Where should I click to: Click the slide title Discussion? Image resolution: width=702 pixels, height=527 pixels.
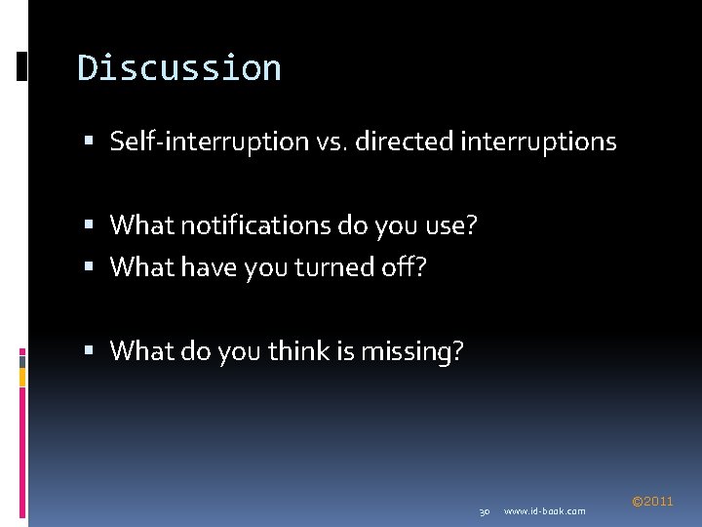pyautogui.click(x=179, y=68)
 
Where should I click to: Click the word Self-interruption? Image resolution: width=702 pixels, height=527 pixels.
pyautogui.click(x=209, y=142)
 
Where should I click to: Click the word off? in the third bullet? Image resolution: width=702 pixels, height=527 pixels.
pyautogui.click(x=405, y=266)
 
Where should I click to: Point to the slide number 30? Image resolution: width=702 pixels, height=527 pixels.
pyautogui.click(x=484, y=511)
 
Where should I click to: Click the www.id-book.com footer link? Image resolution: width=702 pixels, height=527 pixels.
pyautogui.click(x=545, y=511)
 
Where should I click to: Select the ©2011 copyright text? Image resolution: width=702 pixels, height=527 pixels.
pyautogui.click(x=652, y=502)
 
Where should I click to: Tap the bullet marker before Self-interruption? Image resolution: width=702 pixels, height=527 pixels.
pyautogui.click(x=90, y=142)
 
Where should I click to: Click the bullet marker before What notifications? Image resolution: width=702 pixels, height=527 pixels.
pyautogui.click(x=90, y=226)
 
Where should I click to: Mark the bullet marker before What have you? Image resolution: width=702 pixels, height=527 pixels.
pyautogui.click(x=90, y=267)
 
